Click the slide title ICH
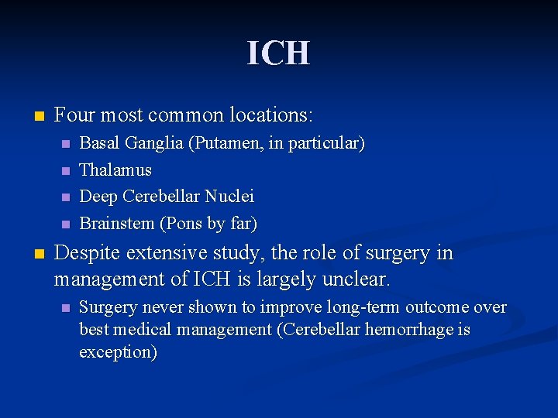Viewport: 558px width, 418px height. pyautogui.click(x=278, y=53)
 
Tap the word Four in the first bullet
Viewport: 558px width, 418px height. pyautogui.click(x=74, y=116)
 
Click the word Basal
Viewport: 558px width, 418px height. pyautogui.click(x=96, y=143)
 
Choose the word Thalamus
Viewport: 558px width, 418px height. pyautogui.click(x=115, y=170)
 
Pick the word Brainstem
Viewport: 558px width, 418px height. pyautogui.click(x=118, y=224)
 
